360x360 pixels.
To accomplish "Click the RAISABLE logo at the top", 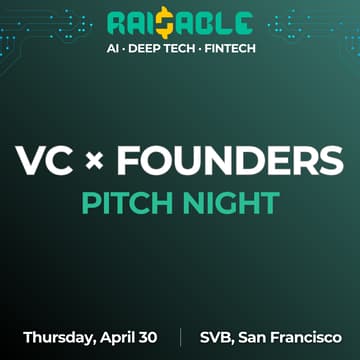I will [180, 23].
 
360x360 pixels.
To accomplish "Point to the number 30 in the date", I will [150, 336].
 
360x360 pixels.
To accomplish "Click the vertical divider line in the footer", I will [180, 337].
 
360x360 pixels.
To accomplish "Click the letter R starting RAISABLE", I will [117, 23].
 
